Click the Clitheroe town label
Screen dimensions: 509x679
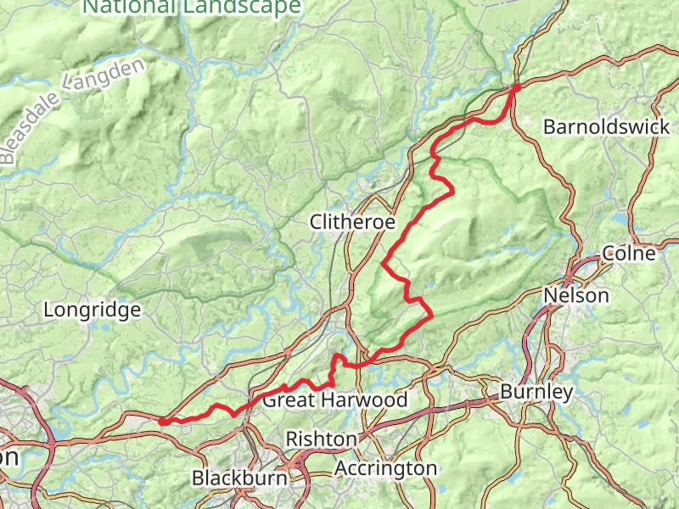pyautogui.click(x=353, y=222)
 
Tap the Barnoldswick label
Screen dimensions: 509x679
pyautogui.click(x=606, y=127)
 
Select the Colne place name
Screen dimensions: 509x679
pyautogui.click(x=629, y=253)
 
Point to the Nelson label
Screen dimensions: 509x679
pyautogui.click(x=576, y=295)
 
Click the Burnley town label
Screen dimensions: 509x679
pyautogui.click(x=536, y=392)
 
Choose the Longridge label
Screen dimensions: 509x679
pyautogui.click(x=92, y=310)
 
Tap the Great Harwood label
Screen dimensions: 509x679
pyautogui.click(x=334, y=400)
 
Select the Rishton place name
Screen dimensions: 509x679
pyautogui.click(x=321, y=439)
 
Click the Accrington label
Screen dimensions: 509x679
pyautogui.click(x=385, y=468)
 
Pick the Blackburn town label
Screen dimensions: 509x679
pyautogui.click(x=239, y=478)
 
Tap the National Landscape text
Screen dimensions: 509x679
pyautogui.click(x=192, y=8)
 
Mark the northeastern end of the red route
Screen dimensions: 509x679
pyautogui.click(x=516, y=87)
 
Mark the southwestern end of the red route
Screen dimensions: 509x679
pyautogui.click(x=161, y=421)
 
